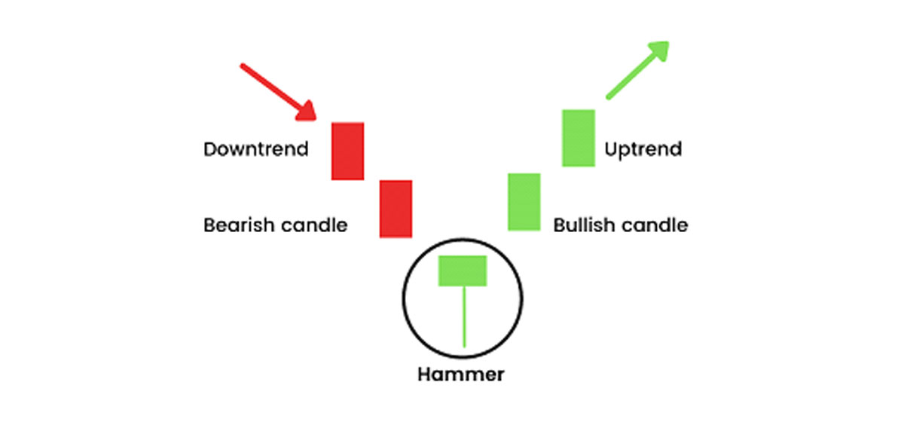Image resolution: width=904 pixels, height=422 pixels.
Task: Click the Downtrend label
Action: point(256,149)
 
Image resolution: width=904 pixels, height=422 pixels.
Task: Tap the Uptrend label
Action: point(643,149)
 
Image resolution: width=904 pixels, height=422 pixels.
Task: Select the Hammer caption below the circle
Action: point(463,374)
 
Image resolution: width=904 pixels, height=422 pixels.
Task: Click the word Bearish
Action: point(237,225)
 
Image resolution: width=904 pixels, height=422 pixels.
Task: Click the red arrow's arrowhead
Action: point(307,112)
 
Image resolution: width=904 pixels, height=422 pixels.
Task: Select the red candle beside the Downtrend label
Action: point(348,151)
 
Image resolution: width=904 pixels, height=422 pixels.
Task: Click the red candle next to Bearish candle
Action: point(395,209)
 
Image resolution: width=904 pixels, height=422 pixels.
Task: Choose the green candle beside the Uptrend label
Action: point(579,138)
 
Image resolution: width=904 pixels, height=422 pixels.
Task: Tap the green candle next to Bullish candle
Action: point(524,201)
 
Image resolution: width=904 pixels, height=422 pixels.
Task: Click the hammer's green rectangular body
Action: point(463,271)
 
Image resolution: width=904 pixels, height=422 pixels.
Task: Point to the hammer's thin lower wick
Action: point(463,316)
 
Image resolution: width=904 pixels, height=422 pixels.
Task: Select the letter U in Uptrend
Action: point(611,149)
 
